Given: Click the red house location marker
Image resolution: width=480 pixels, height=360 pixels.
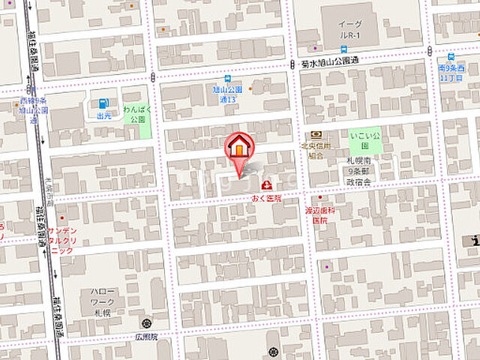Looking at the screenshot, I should [239, 146].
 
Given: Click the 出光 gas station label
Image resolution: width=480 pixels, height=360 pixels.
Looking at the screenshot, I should [103, 115].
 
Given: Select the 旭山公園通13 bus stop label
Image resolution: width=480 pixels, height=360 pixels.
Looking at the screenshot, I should [226, 93].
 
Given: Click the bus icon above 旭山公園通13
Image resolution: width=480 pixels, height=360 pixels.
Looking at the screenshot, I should [226, 78].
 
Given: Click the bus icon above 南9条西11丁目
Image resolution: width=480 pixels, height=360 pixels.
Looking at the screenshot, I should [452, 57].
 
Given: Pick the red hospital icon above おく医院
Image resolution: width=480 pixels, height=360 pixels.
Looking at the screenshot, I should [265, 185].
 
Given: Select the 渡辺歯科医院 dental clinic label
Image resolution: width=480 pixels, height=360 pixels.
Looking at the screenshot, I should [320, 215].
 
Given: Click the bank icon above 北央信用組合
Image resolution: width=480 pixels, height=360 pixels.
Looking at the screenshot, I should [314, 134].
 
